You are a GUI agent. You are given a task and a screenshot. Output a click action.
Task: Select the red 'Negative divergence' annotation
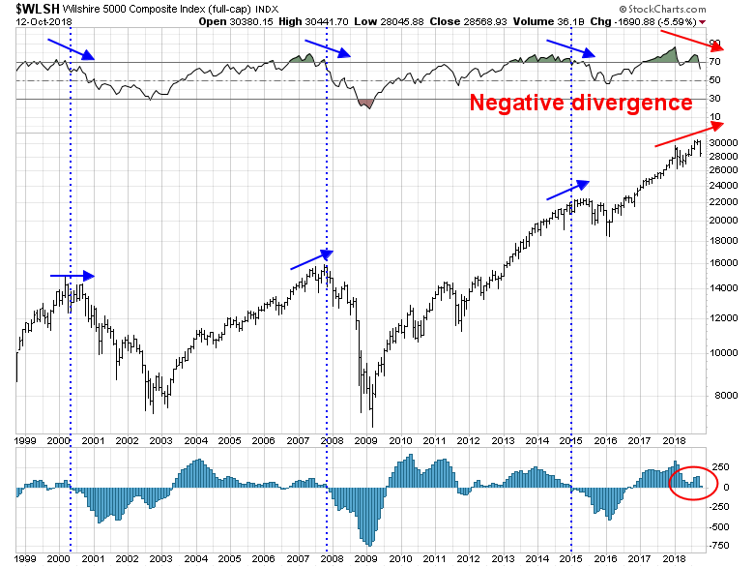click(580, 104)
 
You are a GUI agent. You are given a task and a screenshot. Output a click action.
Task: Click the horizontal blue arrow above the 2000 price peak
click(72, 276)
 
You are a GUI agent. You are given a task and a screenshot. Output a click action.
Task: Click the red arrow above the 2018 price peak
click(688, 134)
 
